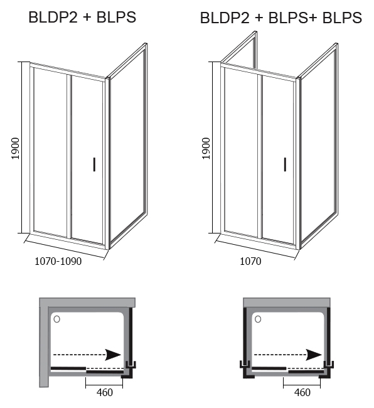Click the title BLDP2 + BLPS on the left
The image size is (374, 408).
[82, 18]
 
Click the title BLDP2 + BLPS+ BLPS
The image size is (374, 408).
[281, 18]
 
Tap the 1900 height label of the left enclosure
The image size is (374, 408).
[16, 148]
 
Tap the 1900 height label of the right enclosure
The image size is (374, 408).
[206, 148]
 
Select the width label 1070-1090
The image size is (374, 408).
[58, 261]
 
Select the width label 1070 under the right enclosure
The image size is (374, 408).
[250, 261]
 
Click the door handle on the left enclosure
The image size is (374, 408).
[94, 164]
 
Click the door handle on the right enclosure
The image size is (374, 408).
[285, 164]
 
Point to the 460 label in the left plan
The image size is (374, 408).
[105, 392]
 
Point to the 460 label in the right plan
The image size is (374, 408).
[302, 392]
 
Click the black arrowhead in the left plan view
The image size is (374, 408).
[113, 355]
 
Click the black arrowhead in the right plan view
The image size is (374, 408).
[314, 355]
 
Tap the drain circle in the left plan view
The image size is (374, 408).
[56, 319]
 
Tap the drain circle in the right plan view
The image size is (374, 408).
[258, 319]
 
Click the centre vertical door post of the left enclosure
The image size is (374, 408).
[69, 156]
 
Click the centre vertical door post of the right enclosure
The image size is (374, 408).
[260, 156]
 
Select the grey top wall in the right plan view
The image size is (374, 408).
[287, 303]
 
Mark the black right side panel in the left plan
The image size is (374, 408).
[131, 336]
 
